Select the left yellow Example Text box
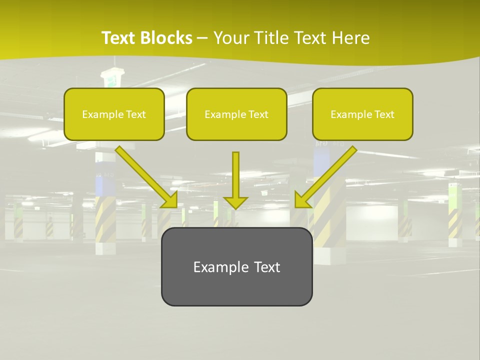114,114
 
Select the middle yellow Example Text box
236,114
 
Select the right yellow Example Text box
362,114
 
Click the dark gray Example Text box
236,266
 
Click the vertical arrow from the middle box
235,175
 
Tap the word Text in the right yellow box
384,114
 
